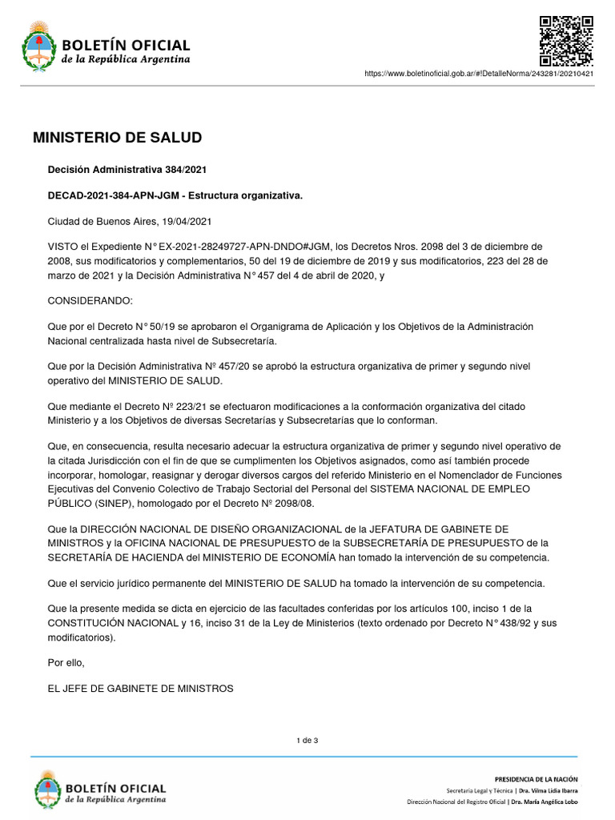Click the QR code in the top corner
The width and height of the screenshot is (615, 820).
(565, 40)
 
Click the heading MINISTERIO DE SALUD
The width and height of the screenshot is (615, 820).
(118, 138)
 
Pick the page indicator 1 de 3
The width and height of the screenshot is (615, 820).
(307, 740)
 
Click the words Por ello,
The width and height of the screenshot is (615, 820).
(66, 662)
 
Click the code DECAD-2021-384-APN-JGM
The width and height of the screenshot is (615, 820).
(115, 195)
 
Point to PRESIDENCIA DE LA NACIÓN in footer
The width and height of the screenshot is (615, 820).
(536, 779)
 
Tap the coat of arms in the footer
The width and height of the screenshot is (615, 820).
(47, 790)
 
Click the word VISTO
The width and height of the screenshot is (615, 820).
(63, 247)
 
